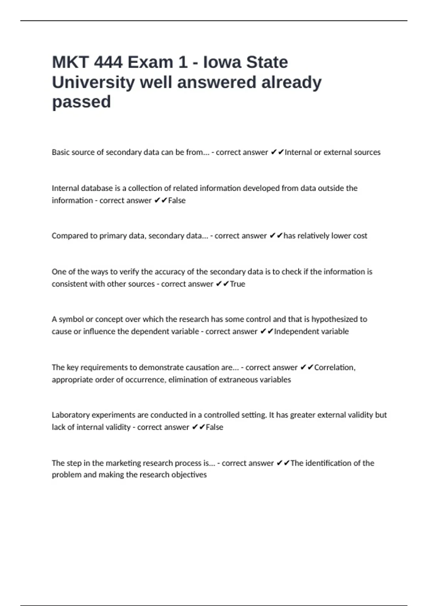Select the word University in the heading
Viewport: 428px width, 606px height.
pyautogui.click(x=93, y=82)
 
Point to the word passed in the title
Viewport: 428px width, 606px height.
pyautogui.click(x=81, y=102)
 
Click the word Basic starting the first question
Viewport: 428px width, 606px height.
pyautogui.click(x=60, y=152)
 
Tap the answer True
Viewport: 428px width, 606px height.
pyautogui.click(x=238, y=284)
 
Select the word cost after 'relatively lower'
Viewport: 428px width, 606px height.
pyautogui.click(x=360, y=236)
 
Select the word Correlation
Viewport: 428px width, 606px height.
pyautogui.click(x=335, y=368)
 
